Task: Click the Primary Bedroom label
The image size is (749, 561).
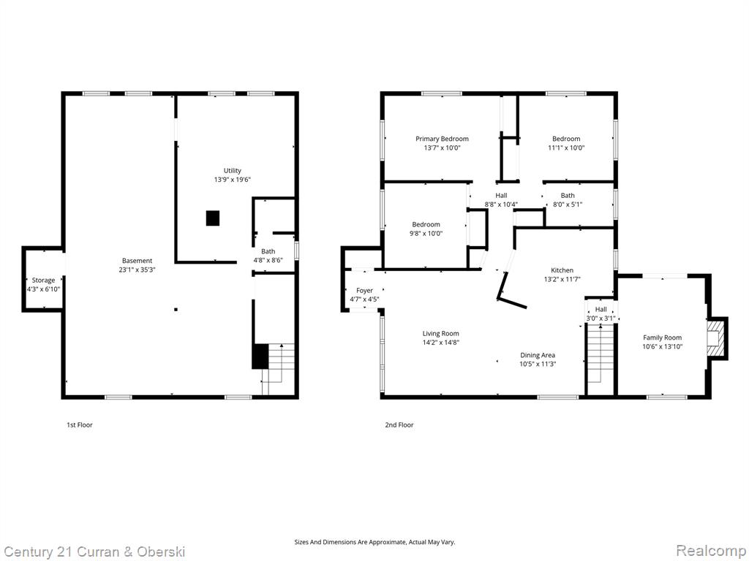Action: click(442, 139)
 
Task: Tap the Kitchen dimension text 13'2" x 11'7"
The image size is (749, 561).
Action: click(562, 279)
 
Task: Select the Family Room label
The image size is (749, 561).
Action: click(662, 337)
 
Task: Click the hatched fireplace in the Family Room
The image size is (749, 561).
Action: click(717, 339)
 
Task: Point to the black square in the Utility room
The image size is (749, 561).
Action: click(213, 218)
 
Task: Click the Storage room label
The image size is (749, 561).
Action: click(43, 280)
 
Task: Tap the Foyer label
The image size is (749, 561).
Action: click(364, 291)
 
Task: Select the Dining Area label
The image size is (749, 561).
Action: click(538, 355)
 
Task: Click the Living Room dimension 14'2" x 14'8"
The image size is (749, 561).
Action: click(441, 342)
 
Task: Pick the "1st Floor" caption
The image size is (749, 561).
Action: click(79, 424)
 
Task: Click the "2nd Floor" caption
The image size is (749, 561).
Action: click(399, 424)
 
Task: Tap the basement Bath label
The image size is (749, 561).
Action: click(268, 251)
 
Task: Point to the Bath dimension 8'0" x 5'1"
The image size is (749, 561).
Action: click(568, 205)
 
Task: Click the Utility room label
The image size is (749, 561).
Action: click(233, 170)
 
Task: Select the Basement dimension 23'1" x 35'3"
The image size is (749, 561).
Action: click(138, 270)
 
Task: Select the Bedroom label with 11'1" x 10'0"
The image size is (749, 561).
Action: click(567, 139)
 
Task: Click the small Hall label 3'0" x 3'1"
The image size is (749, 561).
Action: click(601, 310)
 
